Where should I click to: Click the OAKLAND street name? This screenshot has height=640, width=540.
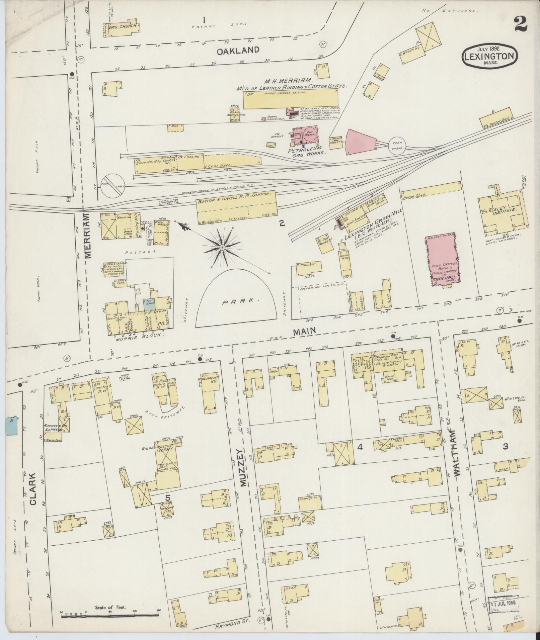(238, 51)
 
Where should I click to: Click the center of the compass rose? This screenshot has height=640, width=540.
(222, 247)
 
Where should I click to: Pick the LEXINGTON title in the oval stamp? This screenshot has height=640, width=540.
(490, 56)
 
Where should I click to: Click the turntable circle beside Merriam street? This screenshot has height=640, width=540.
(113, 186)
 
